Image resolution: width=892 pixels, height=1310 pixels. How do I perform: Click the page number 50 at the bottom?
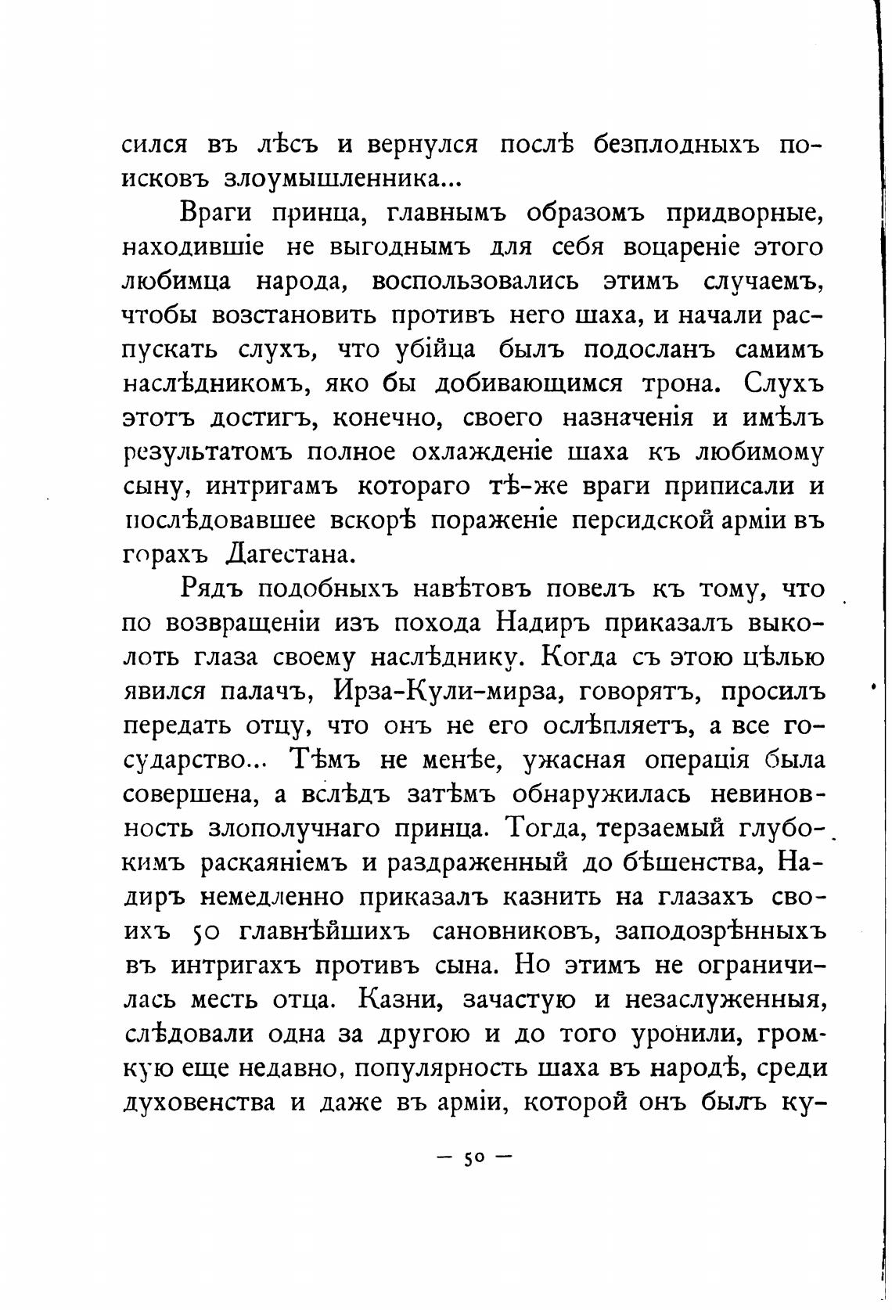pyautogui.click(x=474, y=1158)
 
